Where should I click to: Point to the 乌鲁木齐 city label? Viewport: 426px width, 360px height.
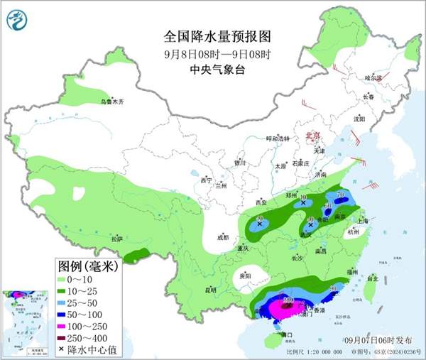[x=111, y=102]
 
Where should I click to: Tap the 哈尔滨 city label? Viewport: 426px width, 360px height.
[x=373, y=77]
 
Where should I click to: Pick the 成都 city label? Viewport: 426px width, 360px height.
[x=224, y=237]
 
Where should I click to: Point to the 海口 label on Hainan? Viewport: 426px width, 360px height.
[x=288, y=334]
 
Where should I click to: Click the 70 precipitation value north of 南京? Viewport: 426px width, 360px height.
[x=340, y=195]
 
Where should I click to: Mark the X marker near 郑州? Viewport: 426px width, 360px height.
[x=303, y=203]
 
